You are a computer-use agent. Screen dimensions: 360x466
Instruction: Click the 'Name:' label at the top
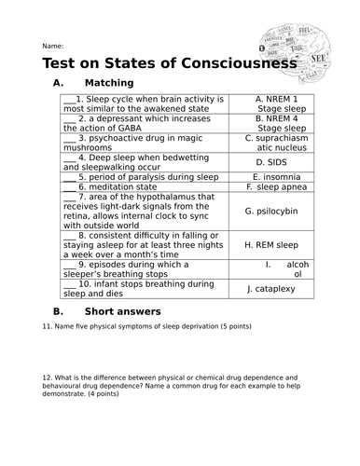[x=52, y=46]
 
